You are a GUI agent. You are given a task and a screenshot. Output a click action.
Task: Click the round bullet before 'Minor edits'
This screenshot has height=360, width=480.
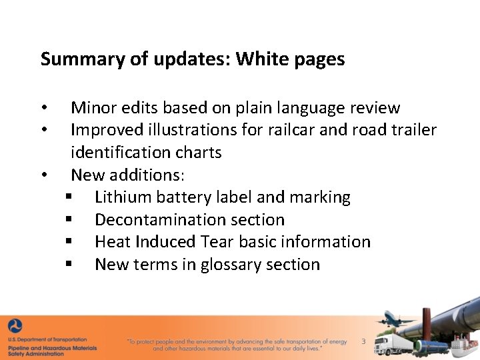click(x=43, y=109)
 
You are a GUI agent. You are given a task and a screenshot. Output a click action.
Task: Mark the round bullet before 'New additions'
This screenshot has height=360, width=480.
click(x=43, y=176)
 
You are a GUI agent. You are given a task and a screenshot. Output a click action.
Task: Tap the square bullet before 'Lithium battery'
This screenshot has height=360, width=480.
click(x=69, y=198)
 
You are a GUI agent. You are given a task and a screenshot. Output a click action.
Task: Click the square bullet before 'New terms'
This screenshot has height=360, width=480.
click(x=69, y=265)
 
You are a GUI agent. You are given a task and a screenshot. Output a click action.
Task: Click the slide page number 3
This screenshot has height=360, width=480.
click(x=363, y=341)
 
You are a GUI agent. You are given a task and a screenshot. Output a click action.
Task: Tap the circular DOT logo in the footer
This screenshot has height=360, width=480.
click(x=15, y=327)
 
